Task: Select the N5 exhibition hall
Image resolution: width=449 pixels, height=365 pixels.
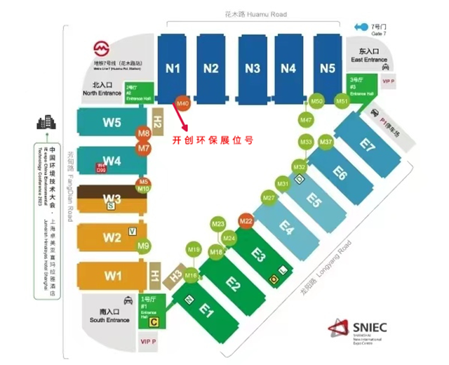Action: pyautogui.click(x=327, y=68)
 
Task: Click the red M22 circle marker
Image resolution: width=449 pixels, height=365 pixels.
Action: pyautogui.click(x=246, y=221)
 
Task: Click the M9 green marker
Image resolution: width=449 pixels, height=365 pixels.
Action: pyautogui.click(x=144, y=246)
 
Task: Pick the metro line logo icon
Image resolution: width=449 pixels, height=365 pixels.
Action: pyautogui.click(x=102, y=51)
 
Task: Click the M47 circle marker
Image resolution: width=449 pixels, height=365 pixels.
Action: pyautogui.click(x=306, y=120)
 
